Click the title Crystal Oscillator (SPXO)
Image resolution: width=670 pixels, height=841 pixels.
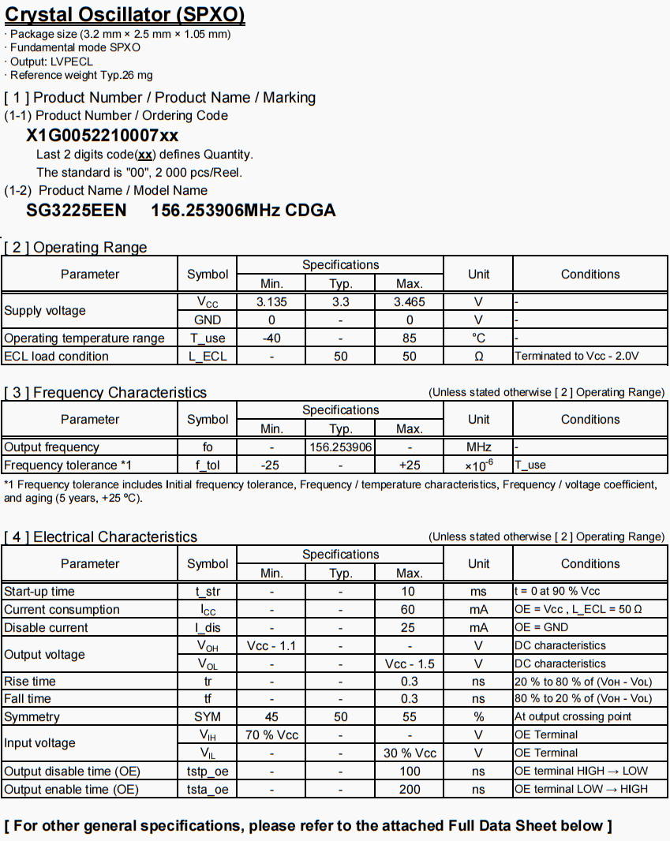[x=125, y=14]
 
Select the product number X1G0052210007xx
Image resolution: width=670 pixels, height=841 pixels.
[x=103, y=135]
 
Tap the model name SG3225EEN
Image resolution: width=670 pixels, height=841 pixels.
[x=77, y=210]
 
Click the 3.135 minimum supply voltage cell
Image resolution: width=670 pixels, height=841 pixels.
[x=271, y=301]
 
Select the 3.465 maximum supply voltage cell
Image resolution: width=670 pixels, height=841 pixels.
[x=409, y=301]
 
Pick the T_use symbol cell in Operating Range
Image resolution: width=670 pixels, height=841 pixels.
[x=208, y=338]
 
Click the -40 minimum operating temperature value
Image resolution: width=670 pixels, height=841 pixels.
[x=271, y=338]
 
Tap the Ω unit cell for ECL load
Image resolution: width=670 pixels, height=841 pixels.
[x=478, y=356]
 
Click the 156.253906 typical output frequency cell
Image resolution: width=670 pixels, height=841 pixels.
[x=340, y=447]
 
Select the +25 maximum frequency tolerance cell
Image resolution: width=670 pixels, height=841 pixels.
[x=409, y=465]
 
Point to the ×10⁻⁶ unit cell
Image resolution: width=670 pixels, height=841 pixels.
[x=478, y=465]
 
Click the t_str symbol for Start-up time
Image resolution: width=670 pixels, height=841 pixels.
[x=208, y=591]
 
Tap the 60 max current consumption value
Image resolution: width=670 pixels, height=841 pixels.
[x=409, y=609]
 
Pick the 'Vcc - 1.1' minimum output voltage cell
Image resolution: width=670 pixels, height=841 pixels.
[x=271, y=645]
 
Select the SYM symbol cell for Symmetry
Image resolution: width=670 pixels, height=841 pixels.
[x=208, y=716]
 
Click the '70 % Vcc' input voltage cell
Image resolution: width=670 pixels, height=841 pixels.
[x=271, y=734]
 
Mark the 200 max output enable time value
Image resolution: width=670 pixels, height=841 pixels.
[x=409, y=789]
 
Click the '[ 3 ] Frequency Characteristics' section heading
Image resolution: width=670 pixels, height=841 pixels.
[x=106, y=392]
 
